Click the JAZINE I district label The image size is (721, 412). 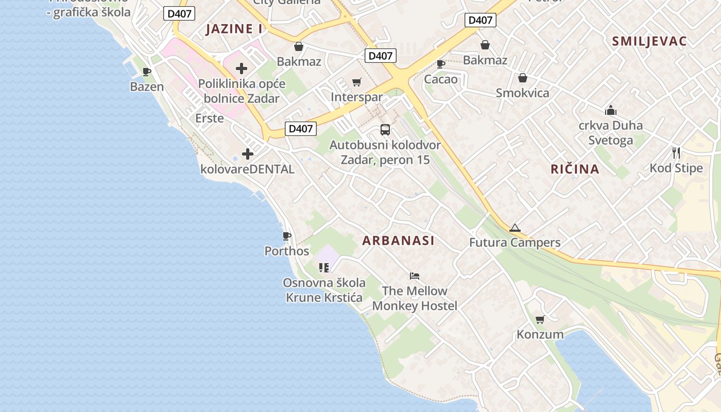[234, 29]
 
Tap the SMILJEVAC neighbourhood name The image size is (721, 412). [649, 41]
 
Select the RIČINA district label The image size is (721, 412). [575, 169]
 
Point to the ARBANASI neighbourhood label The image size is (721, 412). [398, 241]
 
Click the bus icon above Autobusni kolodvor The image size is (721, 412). [385, 130]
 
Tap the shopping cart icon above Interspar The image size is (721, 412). [356, 82]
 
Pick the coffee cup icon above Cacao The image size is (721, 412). [441, 64]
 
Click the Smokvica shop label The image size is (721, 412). [522, 93]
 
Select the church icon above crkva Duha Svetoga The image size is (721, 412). [611, 110]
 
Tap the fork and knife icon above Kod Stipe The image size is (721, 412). [676, 153]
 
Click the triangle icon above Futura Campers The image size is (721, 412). [514, 228]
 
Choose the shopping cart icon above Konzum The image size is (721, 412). [540, 320]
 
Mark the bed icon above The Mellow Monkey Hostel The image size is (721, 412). [415, 276]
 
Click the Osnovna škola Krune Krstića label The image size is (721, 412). [324, 290]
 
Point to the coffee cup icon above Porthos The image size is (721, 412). [287, 236]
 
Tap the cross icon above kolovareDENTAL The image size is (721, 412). [248, 154]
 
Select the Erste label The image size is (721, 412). [210, 118]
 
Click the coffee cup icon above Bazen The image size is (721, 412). [147, 72]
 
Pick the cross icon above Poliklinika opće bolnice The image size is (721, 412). [242, 68]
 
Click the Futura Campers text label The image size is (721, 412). [514, 243]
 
